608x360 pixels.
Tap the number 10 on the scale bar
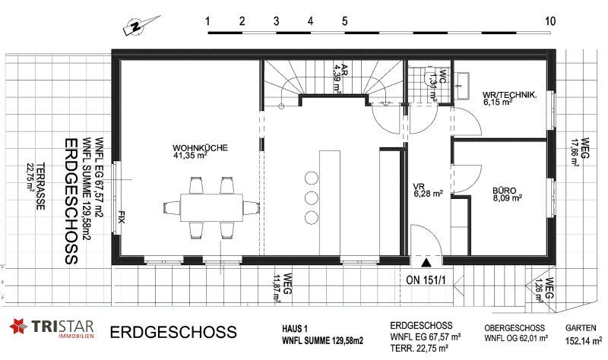[550, 21]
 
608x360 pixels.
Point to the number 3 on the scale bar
[276, 21]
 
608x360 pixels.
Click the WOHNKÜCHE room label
[200, 148]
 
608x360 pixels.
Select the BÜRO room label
[504, 191]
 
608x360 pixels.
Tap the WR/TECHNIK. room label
[510, 94]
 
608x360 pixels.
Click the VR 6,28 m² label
[428, 190]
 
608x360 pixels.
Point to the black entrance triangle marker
[426, 263]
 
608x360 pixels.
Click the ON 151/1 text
[426, 279]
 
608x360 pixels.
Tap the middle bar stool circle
[311, 197]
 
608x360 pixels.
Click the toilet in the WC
[430, 77]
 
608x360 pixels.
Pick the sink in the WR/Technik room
[462, 85]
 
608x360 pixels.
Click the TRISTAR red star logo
[18, 326]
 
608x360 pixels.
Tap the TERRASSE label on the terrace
[40, 186]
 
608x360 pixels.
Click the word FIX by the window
[122, 217]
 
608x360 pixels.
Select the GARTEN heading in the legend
[581, 328]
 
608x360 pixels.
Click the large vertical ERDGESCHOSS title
[71, 201]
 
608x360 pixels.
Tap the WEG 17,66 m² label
[579, 152]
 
